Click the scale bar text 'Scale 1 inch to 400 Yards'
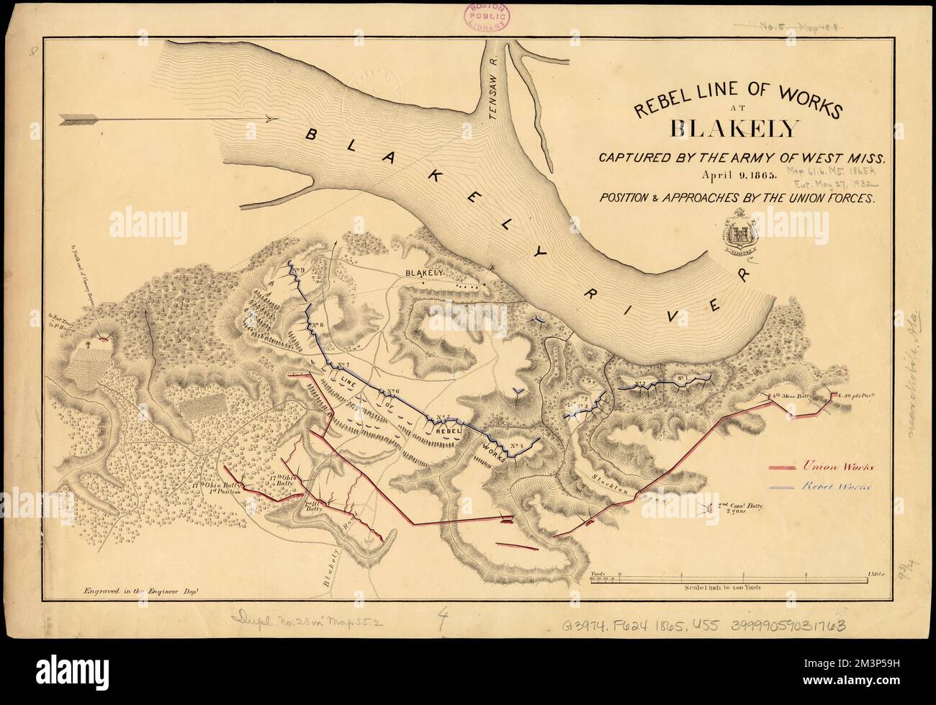coord(729,587)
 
